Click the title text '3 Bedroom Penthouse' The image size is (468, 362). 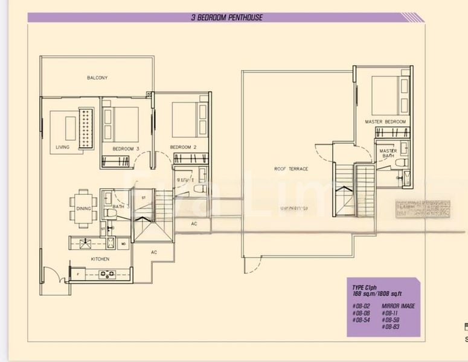(226, 17)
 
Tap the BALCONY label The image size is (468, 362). (97, 78)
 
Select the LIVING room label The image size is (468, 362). (62, 147)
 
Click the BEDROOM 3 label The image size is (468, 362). (126, 147)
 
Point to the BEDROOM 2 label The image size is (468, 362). (184, 147)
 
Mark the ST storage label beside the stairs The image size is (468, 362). (144, 197)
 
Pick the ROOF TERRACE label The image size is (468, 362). (291, 169)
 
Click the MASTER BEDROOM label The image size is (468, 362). (385, 122)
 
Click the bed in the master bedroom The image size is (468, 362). (386, 94)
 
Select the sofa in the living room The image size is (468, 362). (88, 128)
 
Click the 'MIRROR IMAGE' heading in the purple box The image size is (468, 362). (399, 306)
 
